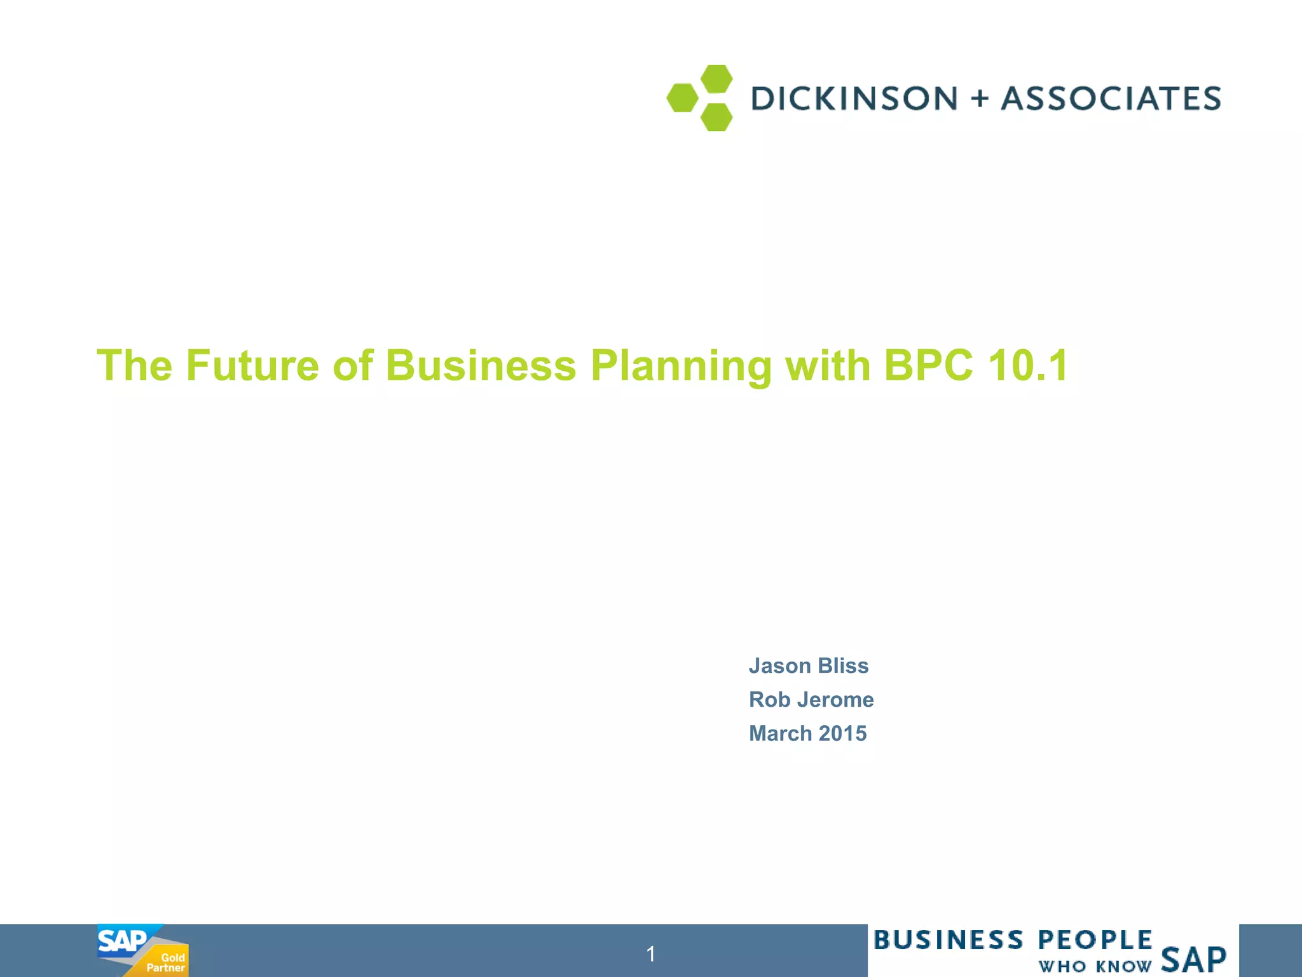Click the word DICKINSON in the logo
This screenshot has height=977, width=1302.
point(854,99)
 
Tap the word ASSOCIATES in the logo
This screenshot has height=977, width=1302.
point(1111,99)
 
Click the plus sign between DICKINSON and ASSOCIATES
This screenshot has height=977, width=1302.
point(980,99)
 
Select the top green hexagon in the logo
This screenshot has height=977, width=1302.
point(716,78)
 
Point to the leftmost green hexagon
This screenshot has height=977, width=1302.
point(682,98)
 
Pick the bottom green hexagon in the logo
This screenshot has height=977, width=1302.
point(716,118)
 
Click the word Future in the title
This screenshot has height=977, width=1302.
point(252,366)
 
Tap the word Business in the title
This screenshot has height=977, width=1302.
point(481,366)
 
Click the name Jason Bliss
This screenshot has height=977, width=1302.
point(808,665)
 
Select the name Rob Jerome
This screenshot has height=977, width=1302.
point(811,699)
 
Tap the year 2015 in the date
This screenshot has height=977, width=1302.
point(842,733)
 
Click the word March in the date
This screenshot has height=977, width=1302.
point(781,733)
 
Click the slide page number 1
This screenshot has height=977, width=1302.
point(650,953)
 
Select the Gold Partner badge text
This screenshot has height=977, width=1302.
point(166,962)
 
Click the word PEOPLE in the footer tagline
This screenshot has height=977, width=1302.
point(1095,940)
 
